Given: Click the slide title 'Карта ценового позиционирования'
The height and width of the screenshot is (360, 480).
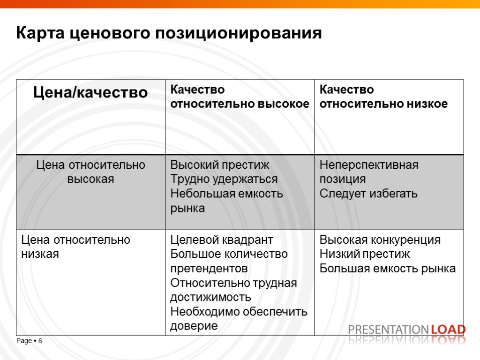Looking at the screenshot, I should click(169, 33).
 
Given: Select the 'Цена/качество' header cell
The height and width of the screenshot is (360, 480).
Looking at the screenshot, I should click(90, 92).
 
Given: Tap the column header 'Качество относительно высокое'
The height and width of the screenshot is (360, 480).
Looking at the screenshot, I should click(240, 97).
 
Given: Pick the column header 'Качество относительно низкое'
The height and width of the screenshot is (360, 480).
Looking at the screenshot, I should click(383, 97).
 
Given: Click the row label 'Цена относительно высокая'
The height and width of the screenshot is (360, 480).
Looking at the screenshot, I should click(91, 172).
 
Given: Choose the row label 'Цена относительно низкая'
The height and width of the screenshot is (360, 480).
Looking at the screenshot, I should click(75, 247).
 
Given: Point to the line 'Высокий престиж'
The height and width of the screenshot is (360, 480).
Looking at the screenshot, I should click(219, 165).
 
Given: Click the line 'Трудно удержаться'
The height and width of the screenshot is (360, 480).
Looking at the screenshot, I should click(224, 179).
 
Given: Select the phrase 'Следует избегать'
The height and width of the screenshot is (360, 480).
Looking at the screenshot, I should click(368, 194).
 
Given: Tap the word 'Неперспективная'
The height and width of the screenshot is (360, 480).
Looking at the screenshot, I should click(369, 165).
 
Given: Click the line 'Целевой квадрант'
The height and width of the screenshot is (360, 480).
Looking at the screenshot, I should click(221, 240).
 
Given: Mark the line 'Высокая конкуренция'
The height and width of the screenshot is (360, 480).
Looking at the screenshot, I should click(380, 240).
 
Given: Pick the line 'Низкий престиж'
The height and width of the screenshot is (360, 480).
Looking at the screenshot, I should click(364, 254).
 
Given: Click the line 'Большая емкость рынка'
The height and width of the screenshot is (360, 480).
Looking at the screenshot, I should click(387, 269).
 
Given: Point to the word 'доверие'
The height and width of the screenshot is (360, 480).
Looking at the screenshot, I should click(194, 326).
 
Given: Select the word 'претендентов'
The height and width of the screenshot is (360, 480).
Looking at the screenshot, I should click(209, 269).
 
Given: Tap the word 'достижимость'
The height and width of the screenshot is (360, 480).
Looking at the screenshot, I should click(210, 297).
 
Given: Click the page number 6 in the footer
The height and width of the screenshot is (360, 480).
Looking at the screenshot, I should click(40, 341).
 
